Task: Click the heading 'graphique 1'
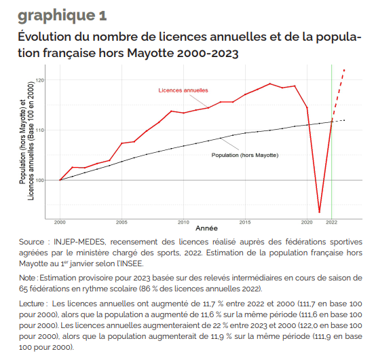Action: pos(62,16)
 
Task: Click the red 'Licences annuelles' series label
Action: pos(183,90)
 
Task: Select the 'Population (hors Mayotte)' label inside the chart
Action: pos(245,156)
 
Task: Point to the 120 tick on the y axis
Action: pos(41,80)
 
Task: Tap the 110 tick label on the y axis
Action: pos(41,130)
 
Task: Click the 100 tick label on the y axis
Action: pos(41,181)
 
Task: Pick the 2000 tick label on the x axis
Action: pos(60,223)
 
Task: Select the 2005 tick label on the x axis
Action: pos(121,223)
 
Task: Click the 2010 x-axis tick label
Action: pos(183,223)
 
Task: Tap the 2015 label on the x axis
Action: pos(245,223)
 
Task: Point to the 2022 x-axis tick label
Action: pos(331,223)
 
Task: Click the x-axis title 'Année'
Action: pos(206,228)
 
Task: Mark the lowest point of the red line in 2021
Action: pos(320,212)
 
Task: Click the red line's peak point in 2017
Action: pos(269,84)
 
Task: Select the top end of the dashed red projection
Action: pos(344,70)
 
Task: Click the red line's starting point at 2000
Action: pos(60,180)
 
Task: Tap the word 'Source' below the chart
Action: pos(31,242)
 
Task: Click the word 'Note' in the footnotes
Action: pos(27,278)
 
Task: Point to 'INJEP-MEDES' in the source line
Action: pos(79,242)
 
